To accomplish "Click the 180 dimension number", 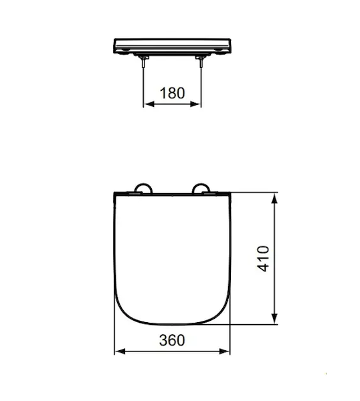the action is tap(172, 93).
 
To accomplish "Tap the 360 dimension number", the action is tap(172, 340).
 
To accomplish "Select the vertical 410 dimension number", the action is tap(263, 258).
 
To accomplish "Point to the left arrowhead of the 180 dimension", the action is tap(149, 104).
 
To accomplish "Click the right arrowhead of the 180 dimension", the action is tap(196, 104).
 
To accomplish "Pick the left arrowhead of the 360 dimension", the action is tap(120, 351).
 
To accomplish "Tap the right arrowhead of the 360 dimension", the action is tap(225, 351).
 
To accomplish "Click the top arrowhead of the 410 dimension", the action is tap(274, 198).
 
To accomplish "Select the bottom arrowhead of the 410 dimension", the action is tap(274, 319).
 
